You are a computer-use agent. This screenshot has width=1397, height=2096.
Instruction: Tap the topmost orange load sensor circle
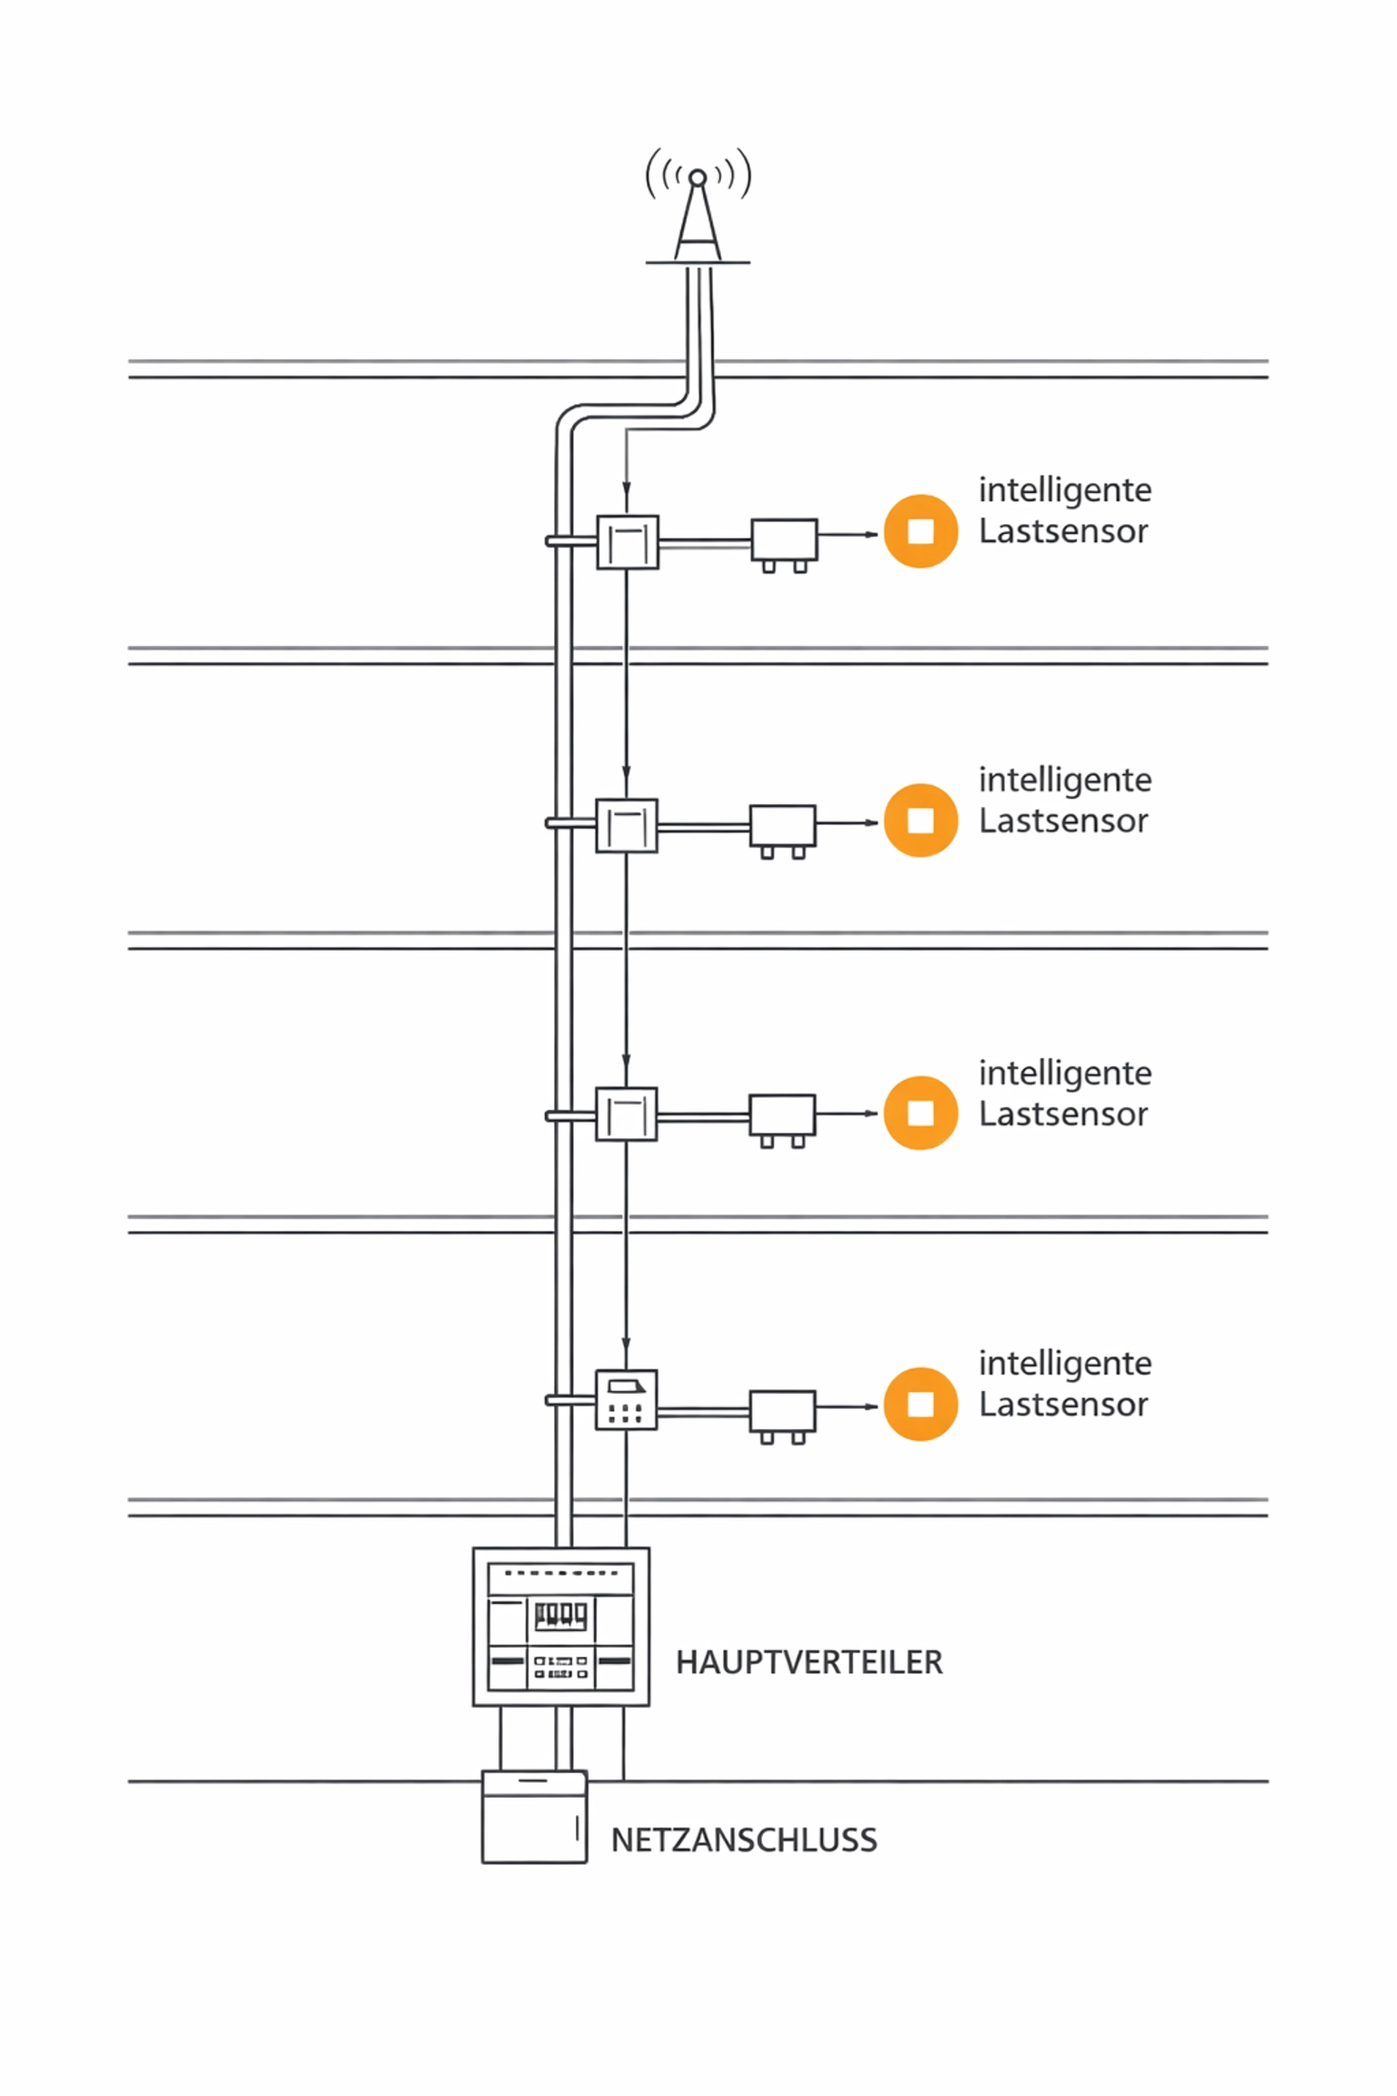coord(920,531)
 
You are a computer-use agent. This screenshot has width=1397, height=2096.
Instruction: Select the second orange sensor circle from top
coord(920,820)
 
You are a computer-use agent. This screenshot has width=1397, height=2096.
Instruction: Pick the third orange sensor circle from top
coord(920,1113)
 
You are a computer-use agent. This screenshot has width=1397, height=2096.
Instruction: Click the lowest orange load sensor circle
coord(920,1404)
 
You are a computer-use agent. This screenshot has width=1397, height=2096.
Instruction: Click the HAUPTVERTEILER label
coord(809,1663)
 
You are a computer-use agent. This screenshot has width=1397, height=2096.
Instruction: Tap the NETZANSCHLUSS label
coord(744,1840)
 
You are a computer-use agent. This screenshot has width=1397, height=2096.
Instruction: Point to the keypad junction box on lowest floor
coord(626,1400)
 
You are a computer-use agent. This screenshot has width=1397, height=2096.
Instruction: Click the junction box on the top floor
coord(628,542)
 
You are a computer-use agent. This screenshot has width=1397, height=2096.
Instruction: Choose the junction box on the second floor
coord(627,826)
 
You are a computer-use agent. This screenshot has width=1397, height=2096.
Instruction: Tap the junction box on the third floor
coord(627,1114)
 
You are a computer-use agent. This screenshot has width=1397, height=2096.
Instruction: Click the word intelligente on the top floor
coord(1065,490)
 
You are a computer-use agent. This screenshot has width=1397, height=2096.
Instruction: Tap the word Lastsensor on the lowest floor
coord(1062,1405)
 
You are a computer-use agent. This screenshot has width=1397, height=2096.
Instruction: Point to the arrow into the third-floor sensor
coord(869,1113)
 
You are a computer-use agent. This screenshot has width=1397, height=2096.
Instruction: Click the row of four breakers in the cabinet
coord(560,1615)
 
